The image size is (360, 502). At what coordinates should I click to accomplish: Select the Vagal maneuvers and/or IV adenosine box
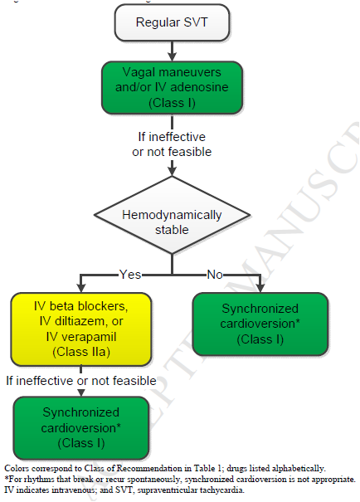(172, 88)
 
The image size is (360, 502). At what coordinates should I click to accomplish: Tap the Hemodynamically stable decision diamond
(172, 222)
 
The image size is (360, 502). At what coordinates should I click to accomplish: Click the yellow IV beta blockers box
(80, 329)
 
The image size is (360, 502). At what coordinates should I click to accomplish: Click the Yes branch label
(130, 273)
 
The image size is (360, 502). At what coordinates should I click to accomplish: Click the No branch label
(213, 273)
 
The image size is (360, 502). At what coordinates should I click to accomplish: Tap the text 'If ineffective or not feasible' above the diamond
(172, 144)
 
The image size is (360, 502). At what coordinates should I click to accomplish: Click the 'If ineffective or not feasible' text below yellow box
(80, 381)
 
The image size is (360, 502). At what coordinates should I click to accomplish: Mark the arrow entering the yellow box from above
(80, 285)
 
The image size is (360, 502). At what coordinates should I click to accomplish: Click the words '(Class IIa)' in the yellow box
(80, 353)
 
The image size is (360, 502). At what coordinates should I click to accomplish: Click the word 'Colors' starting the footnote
(16, 469)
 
